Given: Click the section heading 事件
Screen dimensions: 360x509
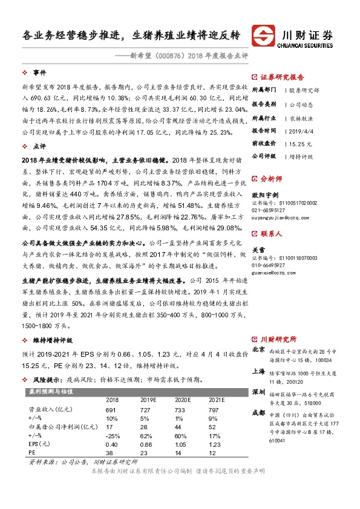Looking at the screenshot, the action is [x=40, y=73].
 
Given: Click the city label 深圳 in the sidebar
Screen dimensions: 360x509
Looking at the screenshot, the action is [x=258, y=392].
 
